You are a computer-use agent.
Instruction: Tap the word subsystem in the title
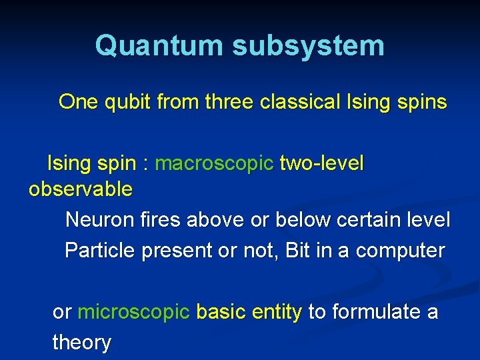(308, 46)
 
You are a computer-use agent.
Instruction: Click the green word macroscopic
(214, 163)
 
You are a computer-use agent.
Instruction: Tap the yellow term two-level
(322, 163)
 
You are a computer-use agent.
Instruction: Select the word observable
(81, 189)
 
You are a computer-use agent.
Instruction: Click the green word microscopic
(134, 312)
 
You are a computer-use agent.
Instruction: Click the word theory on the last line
(81, 343)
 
